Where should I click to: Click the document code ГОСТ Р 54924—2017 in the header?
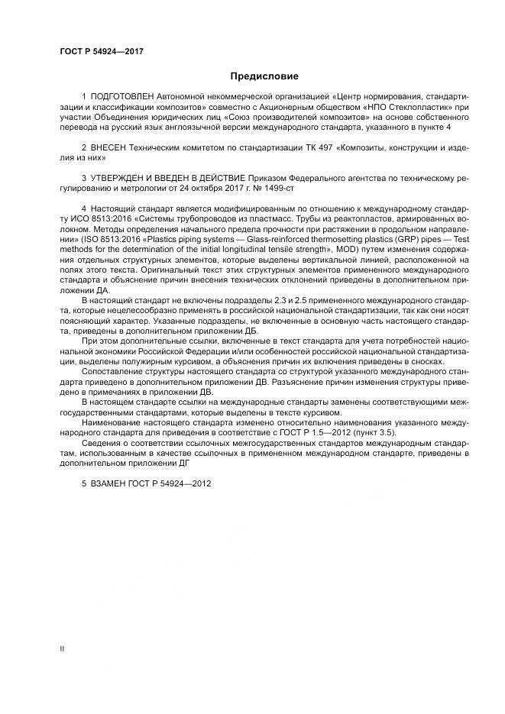pos(102,51)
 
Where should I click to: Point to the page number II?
pos(62,648)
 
